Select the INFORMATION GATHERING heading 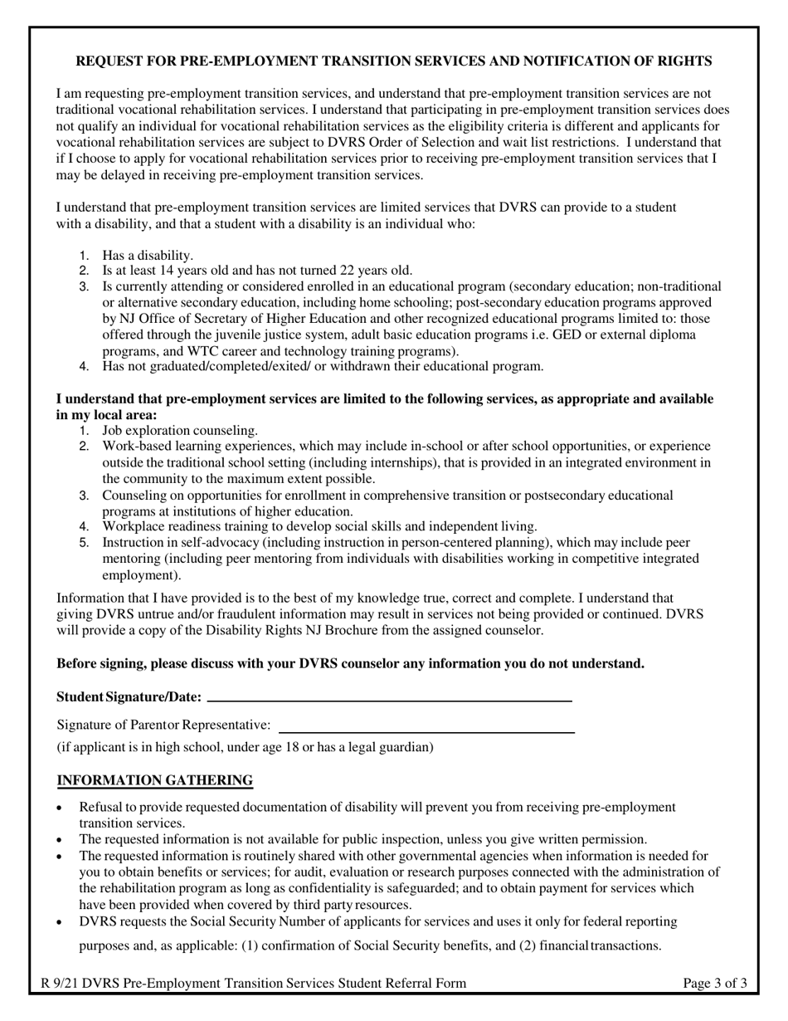pos(154,780)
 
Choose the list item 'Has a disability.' pos(148,255)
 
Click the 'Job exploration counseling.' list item pos(180,430)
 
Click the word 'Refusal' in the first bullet pos(100,807)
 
